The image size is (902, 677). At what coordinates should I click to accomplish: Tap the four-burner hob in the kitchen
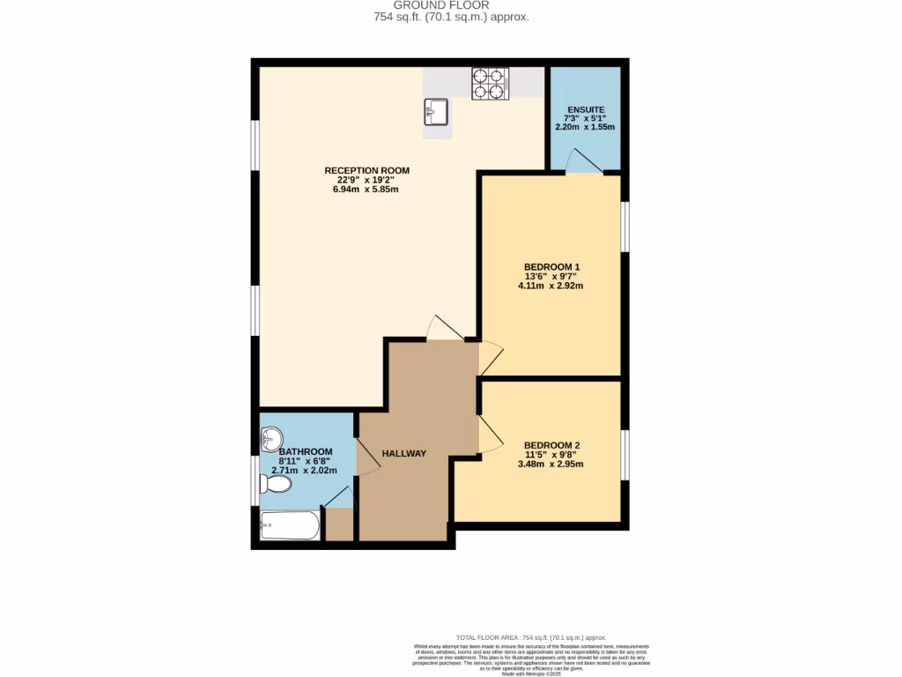[491, 83]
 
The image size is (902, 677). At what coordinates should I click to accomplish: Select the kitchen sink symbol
[436, 112]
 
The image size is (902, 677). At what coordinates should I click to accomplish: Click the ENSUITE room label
[585, 109]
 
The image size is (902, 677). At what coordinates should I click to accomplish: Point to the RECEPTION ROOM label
[366, 170]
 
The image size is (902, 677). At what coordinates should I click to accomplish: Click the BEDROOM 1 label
[551, 266]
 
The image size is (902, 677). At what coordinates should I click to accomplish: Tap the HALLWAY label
[403, 453]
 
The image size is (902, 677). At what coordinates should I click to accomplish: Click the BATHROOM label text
[306, 451]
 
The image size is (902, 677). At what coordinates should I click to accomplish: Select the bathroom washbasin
[272, 437]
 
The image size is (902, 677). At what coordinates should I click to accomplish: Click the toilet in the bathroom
[277, 484]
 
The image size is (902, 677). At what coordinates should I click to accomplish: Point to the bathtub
[290, 526]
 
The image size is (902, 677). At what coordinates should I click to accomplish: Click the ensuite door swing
[582, 162]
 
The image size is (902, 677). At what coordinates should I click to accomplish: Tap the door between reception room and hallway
[445, 328]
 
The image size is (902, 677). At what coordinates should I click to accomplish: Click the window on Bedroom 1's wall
[625, 227]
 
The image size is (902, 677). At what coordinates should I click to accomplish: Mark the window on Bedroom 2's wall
[625, 455]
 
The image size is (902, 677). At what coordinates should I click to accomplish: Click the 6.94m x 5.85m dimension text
[366, 190]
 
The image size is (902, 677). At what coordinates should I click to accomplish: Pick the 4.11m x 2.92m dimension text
[551, 286]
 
